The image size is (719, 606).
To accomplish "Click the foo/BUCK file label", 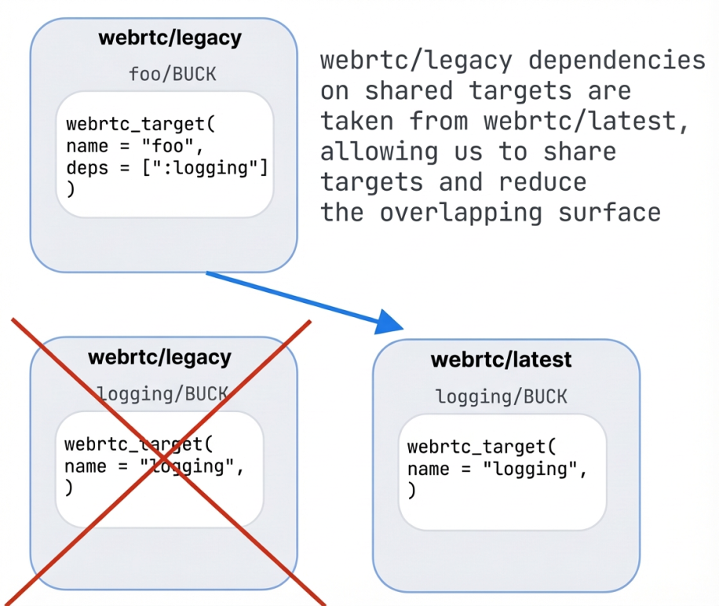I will [172, 75].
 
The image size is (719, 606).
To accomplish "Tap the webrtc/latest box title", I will [502, 360].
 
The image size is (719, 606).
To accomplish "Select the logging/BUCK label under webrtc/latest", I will [502, 396].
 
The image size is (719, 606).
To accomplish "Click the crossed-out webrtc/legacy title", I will [159, 357].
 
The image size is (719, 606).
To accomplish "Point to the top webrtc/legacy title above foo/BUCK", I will [170, 37].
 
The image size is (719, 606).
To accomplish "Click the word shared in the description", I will [408, 91].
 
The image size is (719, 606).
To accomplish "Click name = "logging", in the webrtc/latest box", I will [496, 469].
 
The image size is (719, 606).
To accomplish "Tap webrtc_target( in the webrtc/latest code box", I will [481, 447].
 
